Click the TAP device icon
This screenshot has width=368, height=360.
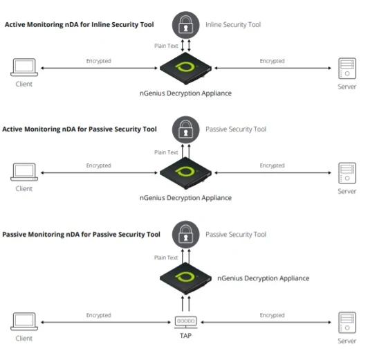tap(185, 322)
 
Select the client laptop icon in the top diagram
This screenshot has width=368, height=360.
tap(24, 68)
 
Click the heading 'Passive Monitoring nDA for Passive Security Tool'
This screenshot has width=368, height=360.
tap(81, 235)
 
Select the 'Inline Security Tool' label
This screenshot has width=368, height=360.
tap(233, 25)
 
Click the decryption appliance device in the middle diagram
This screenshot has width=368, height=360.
tap(185, 173)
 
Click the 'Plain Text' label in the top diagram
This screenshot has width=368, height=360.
tap(166, 46)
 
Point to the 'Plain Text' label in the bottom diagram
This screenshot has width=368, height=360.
tap(166, 258)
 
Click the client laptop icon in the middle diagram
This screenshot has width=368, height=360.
tap(24, 171)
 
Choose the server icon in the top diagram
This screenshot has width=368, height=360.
tap(347, 69)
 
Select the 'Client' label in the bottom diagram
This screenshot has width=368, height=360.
tap(24, 339)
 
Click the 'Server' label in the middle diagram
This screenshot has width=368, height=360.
tap(347, 190)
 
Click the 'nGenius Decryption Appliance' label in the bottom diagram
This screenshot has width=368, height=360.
tap(263, 278)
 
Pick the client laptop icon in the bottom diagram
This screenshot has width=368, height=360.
tap(24, 321)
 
